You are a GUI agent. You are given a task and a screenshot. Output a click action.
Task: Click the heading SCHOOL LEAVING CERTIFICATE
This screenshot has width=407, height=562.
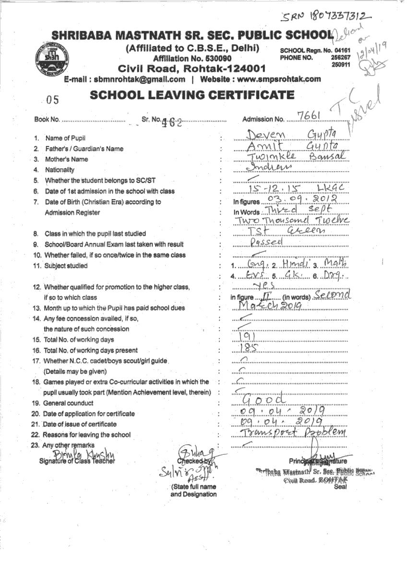[x=192, y=95]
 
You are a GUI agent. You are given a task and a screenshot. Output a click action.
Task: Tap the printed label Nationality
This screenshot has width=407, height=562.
[x=60, y=170]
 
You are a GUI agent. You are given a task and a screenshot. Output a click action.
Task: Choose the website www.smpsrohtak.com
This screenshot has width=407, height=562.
[x=279, y=79]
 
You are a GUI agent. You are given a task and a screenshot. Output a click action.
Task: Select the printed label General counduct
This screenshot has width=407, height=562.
[x=68, y=403]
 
